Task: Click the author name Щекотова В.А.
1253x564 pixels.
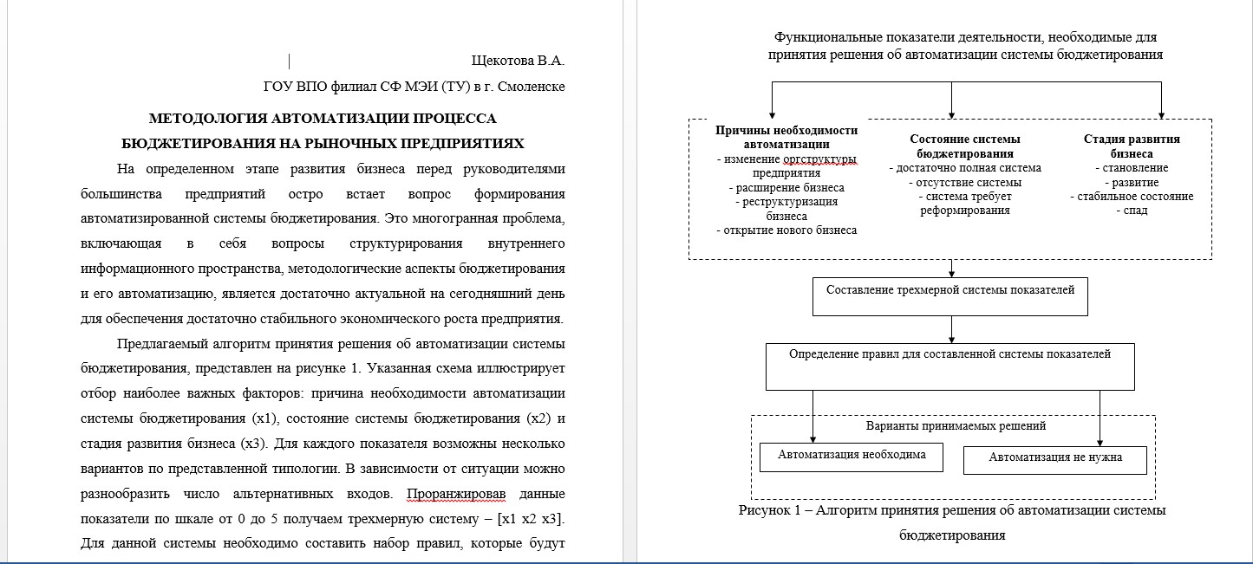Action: [x=518, y=62]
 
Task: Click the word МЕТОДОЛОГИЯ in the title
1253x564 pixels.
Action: [x=205, y=119]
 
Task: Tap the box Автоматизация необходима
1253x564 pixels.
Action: [x=851, y=455]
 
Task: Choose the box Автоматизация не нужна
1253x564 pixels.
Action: [x=1054, y=458]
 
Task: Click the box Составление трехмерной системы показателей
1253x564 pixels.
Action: [x=950, y=291]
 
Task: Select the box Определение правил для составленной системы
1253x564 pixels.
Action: [x=950, y=355]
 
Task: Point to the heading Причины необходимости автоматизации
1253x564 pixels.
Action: [x=786, y=137]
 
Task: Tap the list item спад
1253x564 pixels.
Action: [x=1131, y=211]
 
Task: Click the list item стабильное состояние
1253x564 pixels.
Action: [x=1132, y=197]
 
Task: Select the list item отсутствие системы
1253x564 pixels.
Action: [x=965, y=183]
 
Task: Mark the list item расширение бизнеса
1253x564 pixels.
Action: [x=786, y=187]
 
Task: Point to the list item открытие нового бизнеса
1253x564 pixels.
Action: [x=786, y=230]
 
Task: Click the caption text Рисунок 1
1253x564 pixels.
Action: [x=770, y=511]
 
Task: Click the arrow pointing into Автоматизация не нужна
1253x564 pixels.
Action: [x=1100, y=440]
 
